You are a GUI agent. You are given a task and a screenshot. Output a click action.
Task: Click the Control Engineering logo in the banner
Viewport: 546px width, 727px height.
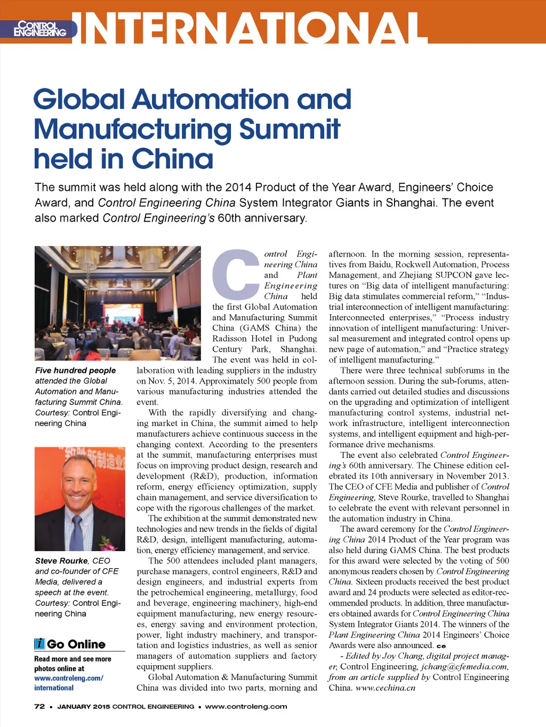coord(39,29)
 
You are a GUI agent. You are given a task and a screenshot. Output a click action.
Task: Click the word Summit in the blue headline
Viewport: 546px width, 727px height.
coord(290,130)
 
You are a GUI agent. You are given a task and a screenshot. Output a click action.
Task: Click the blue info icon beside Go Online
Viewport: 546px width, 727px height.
coord(39,644)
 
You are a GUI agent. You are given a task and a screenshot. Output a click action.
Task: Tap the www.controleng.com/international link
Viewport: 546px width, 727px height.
coord(69,683)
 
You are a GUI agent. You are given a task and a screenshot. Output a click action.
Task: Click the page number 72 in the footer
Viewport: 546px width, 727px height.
coord(39,706)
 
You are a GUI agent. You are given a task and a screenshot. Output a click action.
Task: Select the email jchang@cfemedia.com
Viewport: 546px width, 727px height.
coord(464,667)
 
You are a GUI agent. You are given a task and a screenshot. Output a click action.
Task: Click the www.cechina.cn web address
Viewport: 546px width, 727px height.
coord(385,688)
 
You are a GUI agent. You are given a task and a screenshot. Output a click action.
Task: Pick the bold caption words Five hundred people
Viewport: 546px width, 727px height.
coord(75,370)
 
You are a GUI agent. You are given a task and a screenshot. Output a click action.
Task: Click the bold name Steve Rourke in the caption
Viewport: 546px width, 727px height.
coord(61,561)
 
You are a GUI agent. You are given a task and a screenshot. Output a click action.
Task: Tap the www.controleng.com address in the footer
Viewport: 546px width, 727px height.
coord(246,706)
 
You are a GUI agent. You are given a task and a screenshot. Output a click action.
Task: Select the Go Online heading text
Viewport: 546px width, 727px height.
coord(76,644)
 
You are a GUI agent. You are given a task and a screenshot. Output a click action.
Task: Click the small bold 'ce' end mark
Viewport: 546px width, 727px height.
coord(441,646)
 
